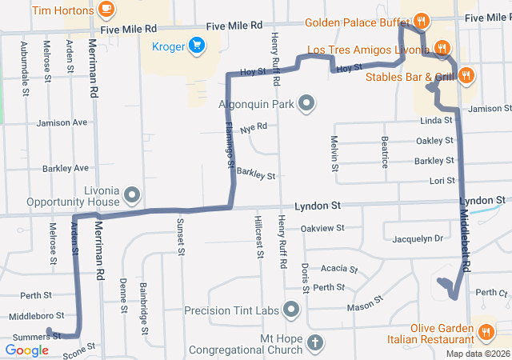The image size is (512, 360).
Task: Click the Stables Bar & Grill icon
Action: [x=467, y=76]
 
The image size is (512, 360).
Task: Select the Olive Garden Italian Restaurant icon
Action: [x=485, y=332]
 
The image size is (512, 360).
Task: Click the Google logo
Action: [x=26, y=350]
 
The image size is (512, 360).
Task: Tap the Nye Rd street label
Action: [x=253, y=126]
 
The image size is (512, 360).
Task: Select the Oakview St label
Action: [x=322, y=228]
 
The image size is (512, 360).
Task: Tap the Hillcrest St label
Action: [x=259, y=236]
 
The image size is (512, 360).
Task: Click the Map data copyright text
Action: [x=477, y=354]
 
